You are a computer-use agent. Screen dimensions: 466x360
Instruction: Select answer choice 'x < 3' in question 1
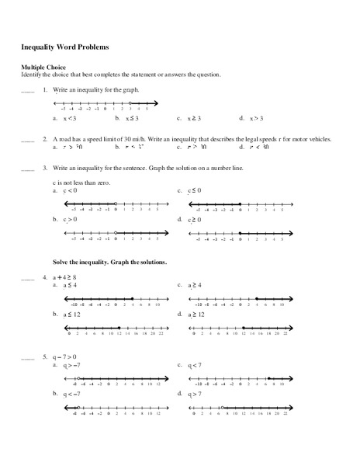(x=69, y=118)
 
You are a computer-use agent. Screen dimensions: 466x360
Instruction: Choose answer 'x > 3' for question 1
(x=257, y=118)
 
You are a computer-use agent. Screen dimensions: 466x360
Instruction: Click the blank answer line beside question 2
(x=28, y=140)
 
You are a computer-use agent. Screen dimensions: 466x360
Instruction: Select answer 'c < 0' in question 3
(x=70, y=190)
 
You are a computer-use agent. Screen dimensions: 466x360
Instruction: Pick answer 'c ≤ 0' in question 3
(x=195, y=190)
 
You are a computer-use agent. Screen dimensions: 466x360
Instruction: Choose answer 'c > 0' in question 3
(x=70, y=220)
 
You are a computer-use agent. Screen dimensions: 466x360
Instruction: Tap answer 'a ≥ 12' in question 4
(x=196, y=315)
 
